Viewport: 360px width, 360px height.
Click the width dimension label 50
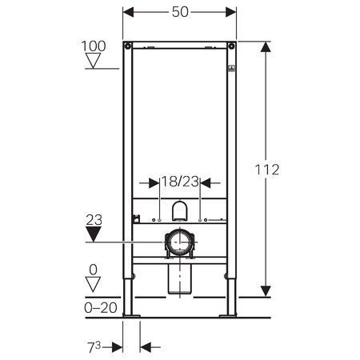point(180,12)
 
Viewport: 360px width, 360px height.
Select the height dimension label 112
point(267,170)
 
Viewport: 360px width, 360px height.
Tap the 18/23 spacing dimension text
point(180,182)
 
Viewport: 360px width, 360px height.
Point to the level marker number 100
point(94,46)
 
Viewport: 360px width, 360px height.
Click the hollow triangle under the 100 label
point(94,60)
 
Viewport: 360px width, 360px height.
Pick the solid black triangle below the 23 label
point(94,234)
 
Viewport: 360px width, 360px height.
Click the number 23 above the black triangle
point(94,220)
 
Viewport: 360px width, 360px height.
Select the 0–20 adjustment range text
point(101,308)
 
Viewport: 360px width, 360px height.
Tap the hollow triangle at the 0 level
point(93,284)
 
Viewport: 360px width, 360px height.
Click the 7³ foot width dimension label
point(94,347)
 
